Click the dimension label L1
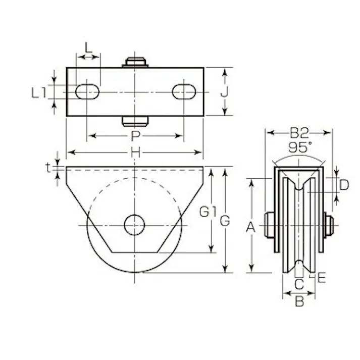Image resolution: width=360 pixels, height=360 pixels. [x=38, y=92]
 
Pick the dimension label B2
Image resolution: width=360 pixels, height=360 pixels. [x=298, y=133]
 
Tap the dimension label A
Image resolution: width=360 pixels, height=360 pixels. [x=250, y=228]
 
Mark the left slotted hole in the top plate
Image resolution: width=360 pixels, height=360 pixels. [x=87, y=92]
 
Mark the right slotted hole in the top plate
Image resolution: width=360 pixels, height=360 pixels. [x=183, y=92]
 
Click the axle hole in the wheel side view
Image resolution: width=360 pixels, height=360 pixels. [x=135, y=225]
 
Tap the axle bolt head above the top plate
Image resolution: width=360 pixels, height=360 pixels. [x=135, y=62]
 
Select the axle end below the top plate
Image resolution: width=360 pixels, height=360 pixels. [x=135, y=121]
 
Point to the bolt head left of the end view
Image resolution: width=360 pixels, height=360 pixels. [x=269, y=225]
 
